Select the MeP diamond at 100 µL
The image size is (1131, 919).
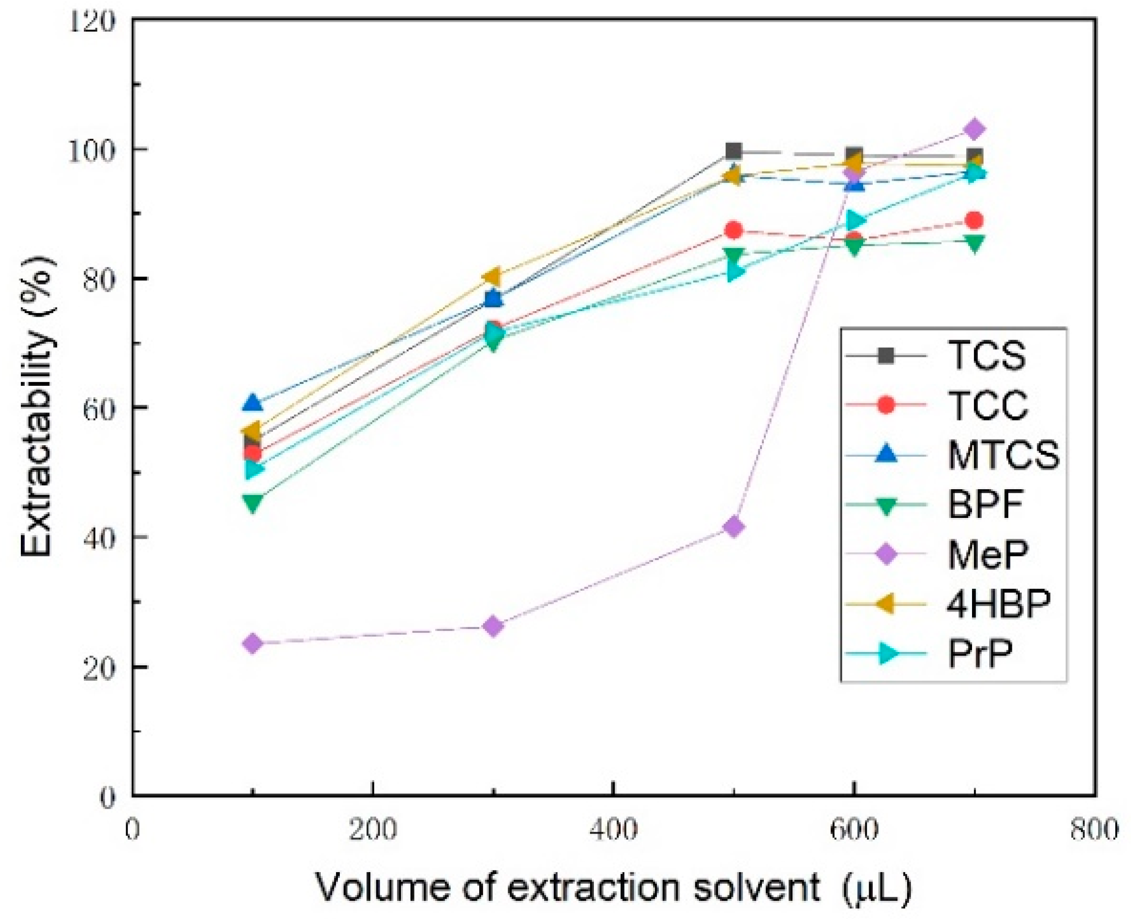click(x=253, y=643)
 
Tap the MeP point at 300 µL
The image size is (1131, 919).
click(x=493, y=626)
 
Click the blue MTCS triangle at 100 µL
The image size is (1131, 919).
click(x=253, y=403)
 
